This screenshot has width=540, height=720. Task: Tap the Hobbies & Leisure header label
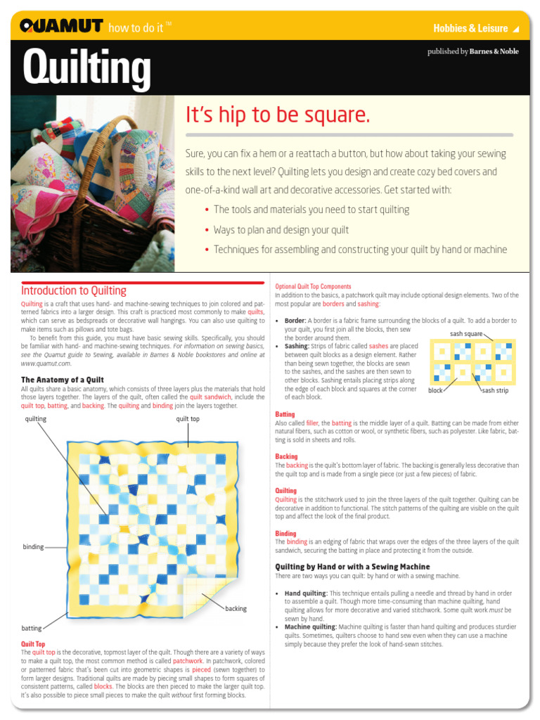pos(470,28)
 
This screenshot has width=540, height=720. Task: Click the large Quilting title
pos(86,68)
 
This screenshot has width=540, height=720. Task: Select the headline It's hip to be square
pos(277,115)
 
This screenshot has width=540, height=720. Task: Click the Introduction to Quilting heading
pos(74,290)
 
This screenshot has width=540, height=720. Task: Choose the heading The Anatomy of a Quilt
pos(63,380)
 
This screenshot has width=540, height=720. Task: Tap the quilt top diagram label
pos(188,419)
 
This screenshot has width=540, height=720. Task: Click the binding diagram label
pos(33,547)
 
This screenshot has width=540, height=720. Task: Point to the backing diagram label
pos(236,608)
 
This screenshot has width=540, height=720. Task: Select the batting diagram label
pos(32,628)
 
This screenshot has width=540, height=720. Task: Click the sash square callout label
pos(466,333)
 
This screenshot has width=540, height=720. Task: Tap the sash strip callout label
pos(494,390)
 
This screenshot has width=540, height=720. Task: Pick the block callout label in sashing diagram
pos(435,390)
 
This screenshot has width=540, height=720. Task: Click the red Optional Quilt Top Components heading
pos(313,287)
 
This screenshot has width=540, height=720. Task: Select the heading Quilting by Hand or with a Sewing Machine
pos(352,566)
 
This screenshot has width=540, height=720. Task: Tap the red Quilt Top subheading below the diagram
pos(33,643)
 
